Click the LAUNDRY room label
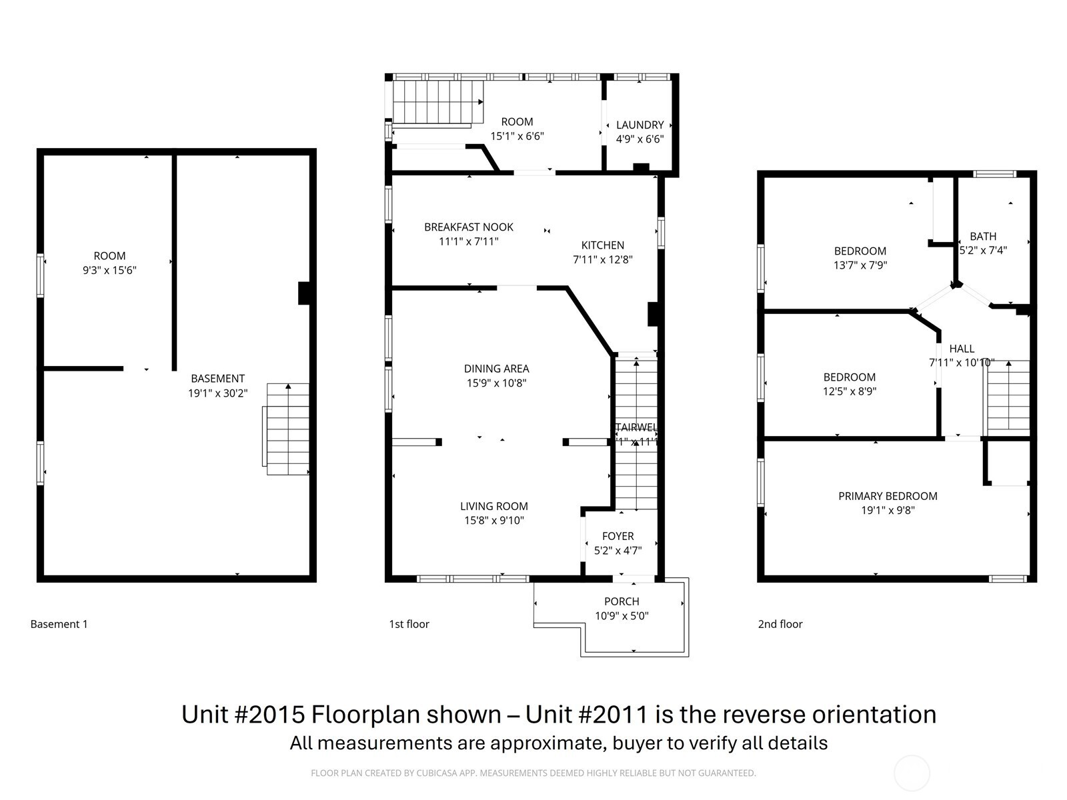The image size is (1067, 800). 640,125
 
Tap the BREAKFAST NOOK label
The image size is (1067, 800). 469,227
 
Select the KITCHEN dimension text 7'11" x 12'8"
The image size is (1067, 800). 602,259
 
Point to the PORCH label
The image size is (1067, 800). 622,601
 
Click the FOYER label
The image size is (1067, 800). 618,536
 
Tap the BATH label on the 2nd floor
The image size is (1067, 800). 983,236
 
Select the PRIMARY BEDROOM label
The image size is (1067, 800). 888,496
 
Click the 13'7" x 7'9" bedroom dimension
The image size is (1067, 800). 860,265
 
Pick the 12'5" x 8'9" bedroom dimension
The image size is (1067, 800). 850,391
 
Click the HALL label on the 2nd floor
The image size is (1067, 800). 962,349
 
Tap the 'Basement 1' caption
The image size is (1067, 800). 59,624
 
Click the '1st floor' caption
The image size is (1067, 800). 409,624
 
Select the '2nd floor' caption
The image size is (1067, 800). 780,624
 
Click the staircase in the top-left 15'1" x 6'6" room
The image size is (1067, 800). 437,101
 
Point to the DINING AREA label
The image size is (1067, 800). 496,369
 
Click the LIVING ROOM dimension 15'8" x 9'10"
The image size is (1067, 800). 494,521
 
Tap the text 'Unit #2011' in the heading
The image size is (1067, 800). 586,714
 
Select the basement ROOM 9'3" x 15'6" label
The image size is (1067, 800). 109,256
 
